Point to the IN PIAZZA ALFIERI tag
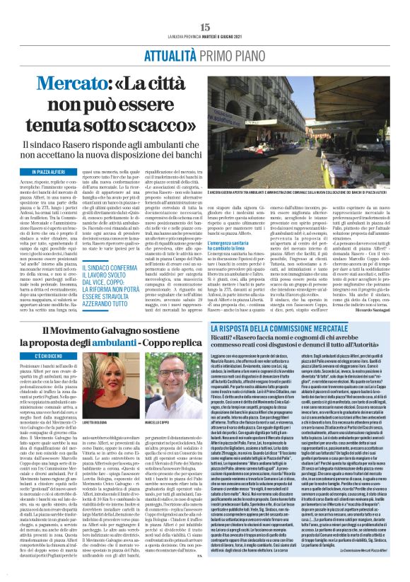(x=49, y=172)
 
